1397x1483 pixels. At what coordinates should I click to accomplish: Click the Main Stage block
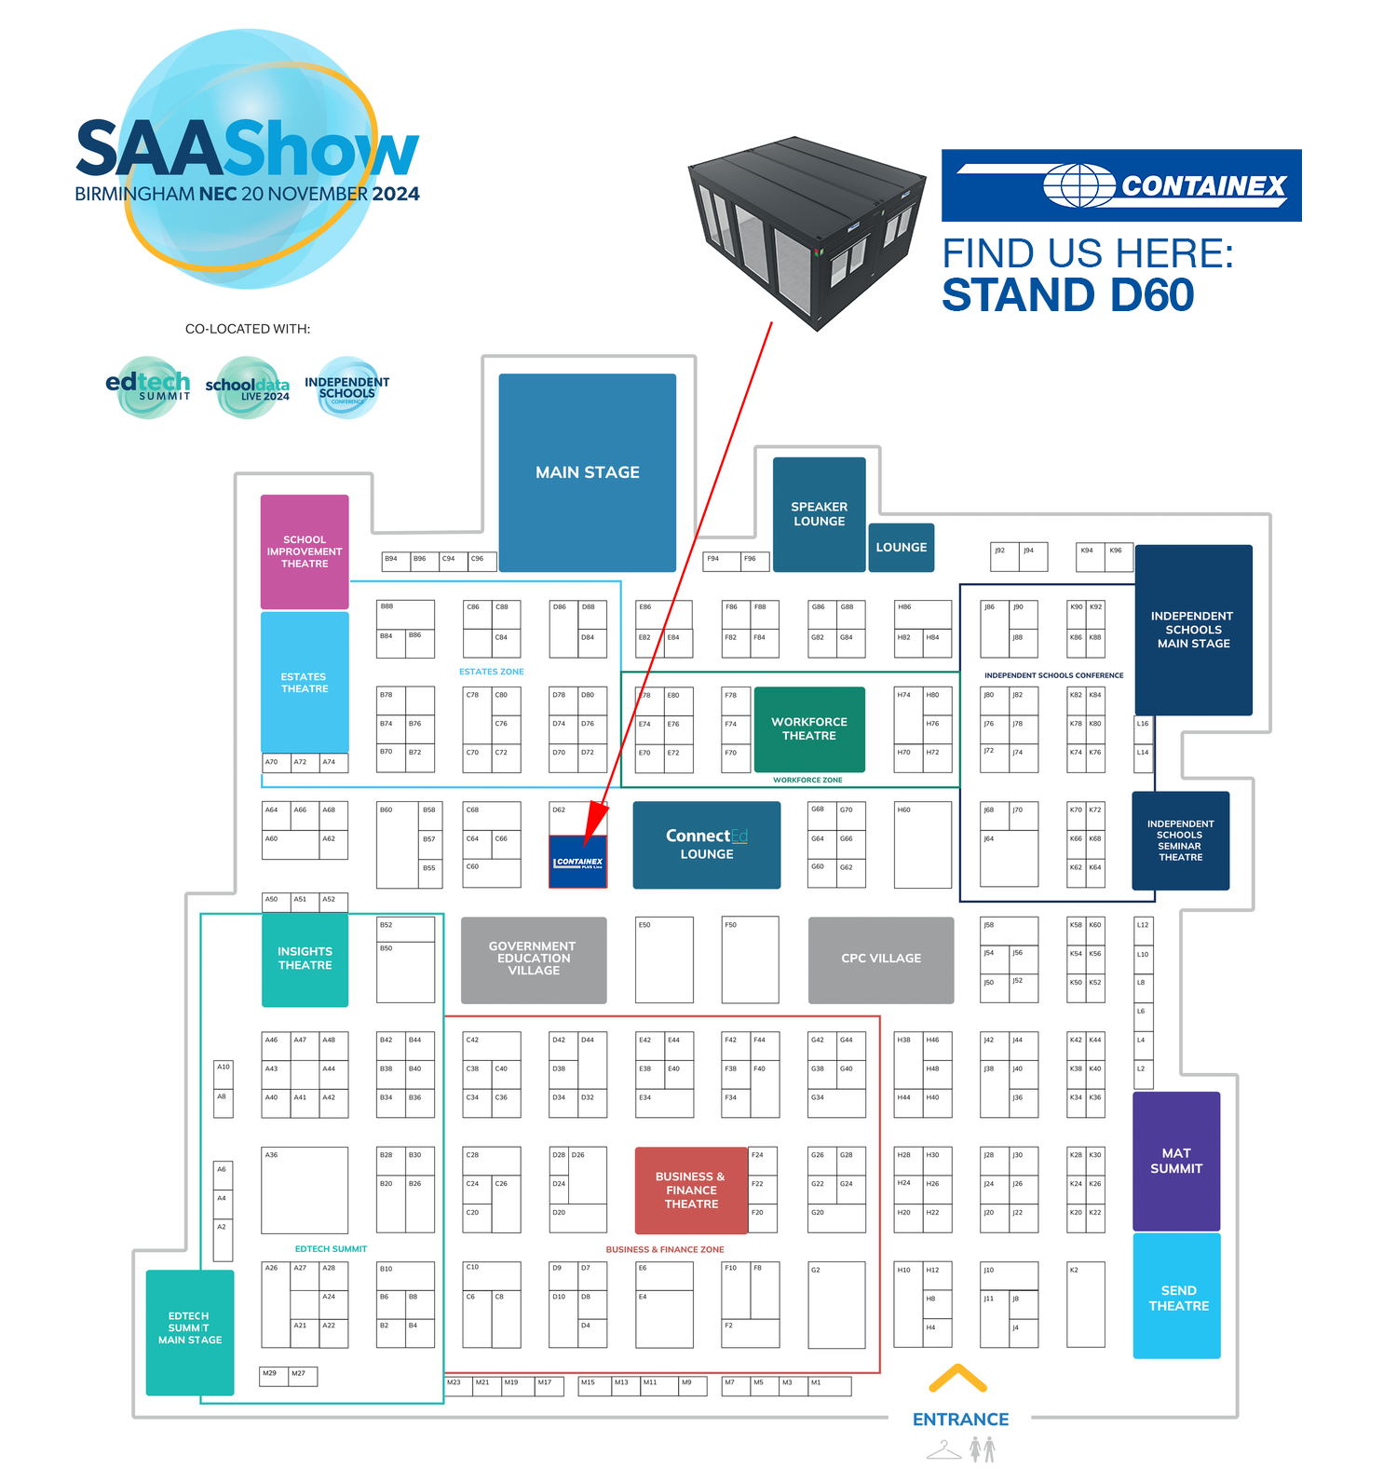coord(587,472)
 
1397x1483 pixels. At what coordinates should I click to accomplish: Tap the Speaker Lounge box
coord(819,514)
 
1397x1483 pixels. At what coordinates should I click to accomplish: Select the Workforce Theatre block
coord(809,729)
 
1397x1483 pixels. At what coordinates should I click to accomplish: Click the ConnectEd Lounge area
coord(706,845)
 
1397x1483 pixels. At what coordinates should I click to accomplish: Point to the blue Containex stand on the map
coord(578,863)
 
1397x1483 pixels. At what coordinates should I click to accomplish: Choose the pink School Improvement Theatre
coord(305,551)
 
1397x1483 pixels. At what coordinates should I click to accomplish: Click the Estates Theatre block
coord(305,683)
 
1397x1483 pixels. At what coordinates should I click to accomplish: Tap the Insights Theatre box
coord(305,959)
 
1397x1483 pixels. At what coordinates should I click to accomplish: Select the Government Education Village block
coord(534,959)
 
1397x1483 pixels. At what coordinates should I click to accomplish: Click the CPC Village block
coord(881,959)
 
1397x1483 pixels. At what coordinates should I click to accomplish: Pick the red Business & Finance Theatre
coord(691,1190)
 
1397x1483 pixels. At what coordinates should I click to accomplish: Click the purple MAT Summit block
coord(1176,1162)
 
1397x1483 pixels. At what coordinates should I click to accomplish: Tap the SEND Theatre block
coord(1177,1297)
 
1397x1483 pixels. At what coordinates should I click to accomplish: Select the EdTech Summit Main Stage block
coord(190,1330)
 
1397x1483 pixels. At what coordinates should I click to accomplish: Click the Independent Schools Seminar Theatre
coord(1180,841)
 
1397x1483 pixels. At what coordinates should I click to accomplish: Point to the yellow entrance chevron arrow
coord(958,1378)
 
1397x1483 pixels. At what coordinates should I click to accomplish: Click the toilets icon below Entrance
coord(983,1449)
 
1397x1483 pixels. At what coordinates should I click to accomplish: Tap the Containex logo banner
coord(1121,185)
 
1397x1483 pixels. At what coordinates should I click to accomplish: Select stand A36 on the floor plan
coord(305,1190)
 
